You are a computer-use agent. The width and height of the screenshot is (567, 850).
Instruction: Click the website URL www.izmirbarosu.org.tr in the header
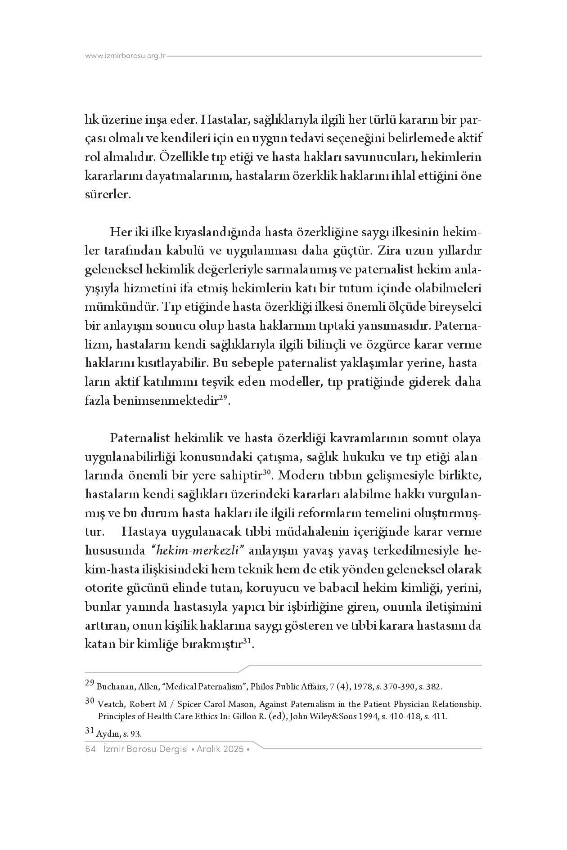(x=126, y=56)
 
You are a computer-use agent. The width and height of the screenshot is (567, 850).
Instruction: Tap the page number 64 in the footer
(x=90, y=749)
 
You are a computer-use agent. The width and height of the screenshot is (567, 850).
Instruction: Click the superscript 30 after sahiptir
(x=266, y=473)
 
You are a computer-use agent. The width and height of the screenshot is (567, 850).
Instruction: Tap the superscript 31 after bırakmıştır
(x=247, y=641)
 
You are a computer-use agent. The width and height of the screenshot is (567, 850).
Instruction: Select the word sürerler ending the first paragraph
(x=108, y=195)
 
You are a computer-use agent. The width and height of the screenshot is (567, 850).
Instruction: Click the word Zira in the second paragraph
(x=391, y=250)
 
